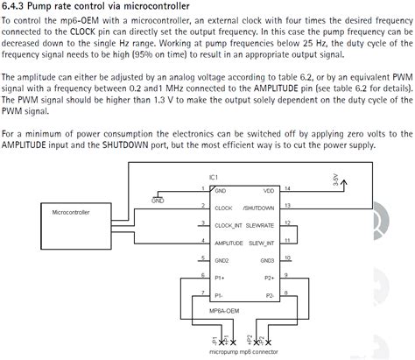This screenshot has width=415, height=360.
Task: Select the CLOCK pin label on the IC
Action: (x=223, y=208)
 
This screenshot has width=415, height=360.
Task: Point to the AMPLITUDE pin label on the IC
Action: (x=229, y=243)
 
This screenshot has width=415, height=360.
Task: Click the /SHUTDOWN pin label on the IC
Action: (x=259, y=208)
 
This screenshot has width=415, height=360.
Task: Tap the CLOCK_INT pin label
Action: (x=229, y=225)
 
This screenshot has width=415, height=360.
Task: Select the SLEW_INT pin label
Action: (x=262, y=243)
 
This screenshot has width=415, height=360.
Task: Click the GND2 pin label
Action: (x=222, y=260)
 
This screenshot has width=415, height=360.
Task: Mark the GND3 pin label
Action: (x=267, y=260)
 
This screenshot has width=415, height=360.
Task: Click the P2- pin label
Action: (x=269, y=295)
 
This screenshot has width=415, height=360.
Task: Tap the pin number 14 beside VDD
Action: (x=288, y=187)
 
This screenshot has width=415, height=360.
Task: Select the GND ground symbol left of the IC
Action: (x=158, y=198)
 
